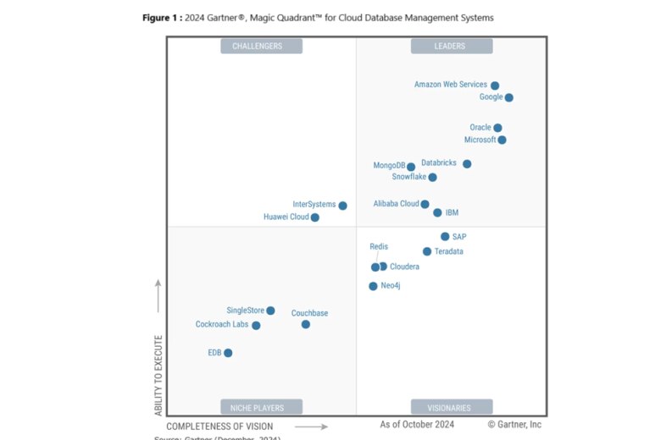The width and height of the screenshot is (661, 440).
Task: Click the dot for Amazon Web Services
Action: point(495,85)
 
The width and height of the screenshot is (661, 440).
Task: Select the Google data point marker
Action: point(508,97)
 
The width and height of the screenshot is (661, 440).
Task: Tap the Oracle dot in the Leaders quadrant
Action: point(497,128)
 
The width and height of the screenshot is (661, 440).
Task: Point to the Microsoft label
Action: point(480,140)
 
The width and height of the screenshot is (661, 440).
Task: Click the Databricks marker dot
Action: point(467,163)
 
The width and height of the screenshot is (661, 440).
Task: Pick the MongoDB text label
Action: point(389,166)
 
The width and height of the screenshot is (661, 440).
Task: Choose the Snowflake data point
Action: point(432,177)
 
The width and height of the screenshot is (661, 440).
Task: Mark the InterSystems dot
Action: point(342,206)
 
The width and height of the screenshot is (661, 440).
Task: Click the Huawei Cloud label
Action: point(286,217)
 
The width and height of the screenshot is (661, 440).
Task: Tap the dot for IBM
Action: point(437,212)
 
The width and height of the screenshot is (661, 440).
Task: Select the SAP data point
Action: point(445,237)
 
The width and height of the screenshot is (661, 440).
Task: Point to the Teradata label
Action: point(448,252)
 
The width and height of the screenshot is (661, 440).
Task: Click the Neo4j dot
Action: point(373,286)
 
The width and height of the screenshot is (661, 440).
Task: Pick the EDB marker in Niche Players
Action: point(228,353)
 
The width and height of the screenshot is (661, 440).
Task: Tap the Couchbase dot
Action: point(306,324)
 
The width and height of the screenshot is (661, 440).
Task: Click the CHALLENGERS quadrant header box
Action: point(261,46)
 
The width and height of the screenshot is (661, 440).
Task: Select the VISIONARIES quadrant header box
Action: point(452,407)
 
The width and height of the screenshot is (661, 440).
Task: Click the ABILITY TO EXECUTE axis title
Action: point(158,375)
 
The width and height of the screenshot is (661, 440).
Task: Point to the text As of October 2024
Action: point(417,424)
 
